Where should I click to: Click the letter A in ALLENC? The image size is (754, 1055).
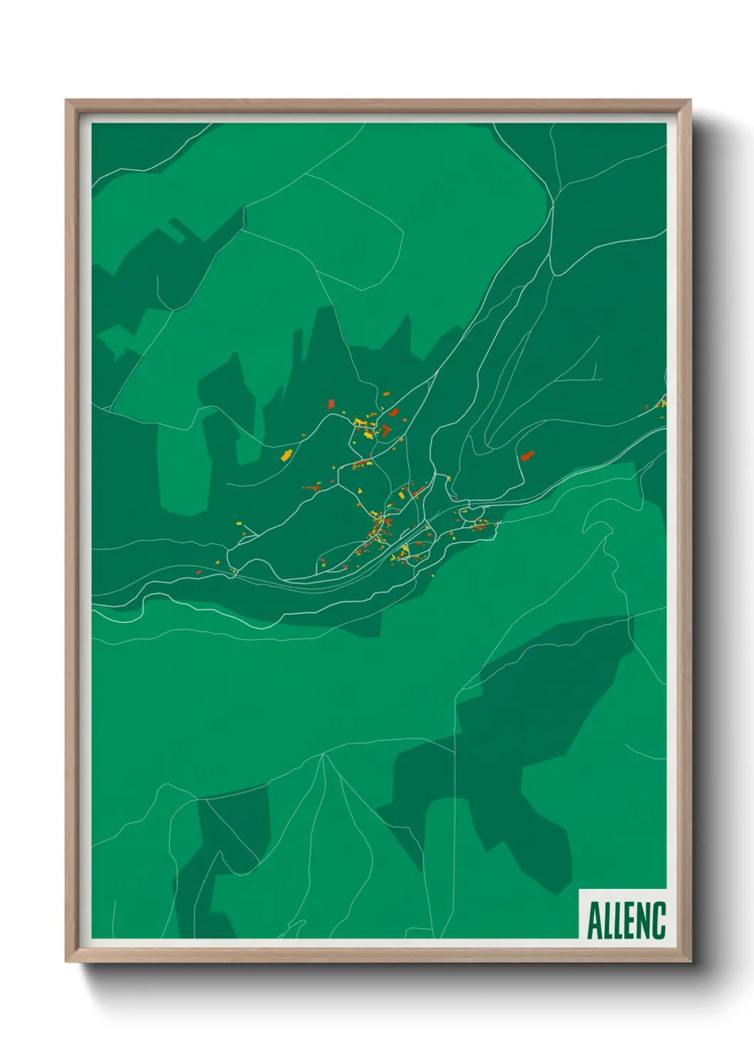pos(594,920)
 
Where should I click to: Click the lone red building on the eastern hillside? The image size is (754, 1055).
pos(527,456)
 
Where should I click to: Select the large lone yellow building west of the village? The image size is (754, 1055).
pos(286,455)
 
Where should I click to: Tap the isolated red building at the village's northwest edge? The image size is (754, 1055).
pos(331,404)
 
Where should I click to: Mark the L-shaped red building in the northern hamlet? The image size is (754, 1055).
pos(386,431)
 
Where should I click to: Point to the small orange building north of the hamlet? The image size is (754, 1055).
pos(386,393)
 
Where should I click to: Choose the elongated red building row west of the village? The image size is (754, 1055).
pos(312,488)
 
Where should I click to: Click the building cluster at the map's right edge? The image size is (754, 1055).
pos(660,404)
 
